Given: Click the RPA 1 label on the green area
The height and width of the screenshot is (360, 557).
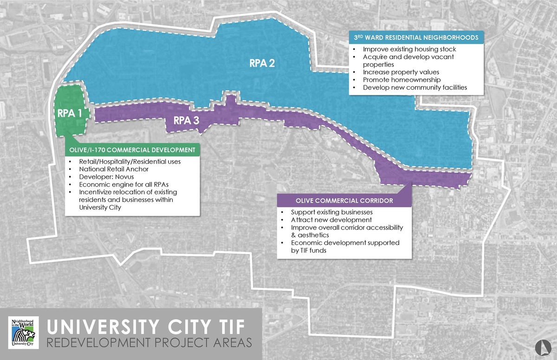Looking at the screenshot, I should pos(70,113).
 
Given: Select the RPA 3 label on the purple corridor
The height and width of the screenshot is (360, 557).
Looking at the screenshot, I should pos(186,121).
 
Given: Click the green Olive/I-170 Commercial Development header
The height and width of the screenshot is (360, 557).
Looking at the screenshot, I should pos(132,150).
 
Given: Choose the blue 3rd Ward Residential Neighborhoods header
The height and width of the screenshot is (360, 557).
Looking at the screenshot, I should pos(417,38).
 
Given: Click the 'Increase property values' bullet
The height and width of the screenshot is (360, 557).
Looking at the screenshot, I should pos(401,72).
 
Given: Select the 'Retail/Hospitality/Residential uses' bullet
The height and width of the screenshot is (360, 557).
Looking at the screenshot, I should pos(130,162).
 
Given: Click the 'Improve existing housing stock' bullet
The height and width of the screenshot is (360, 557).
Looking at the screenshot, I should pos(409,49).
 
